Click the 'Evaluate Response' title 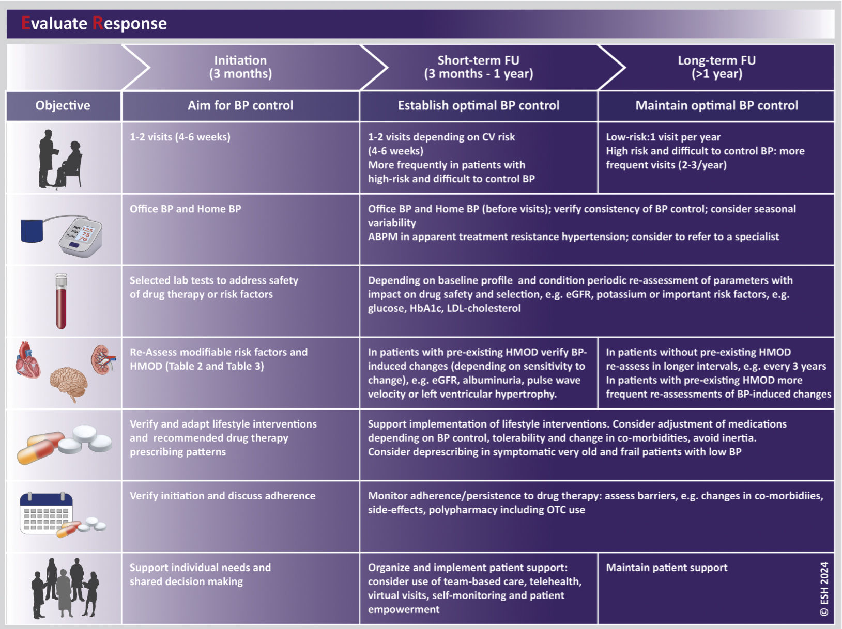[x=94, y=23]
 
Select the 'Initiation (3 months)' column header [x=240, y=67]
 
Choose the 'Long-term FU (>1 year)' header [x=716, y=67]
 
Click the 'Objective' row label [x=63, y=105]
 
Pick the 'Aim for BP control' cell [x=240, y=105]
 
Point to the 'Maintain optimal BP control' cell [x=716, y=105]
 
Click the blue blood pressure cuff [x=32, y=230]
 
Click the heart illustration [x=28, y=359]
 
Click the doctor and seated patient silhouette [x=60, y=159]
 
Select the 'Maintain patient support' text [x=666, y=568]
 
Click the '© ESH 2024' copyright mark [x=824, y=589]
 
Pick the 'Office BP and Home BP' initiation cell [x=185, y=209]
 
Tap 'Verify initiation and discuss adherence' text [x=222, y=496]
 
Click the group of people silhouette [x=65, y=587]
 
